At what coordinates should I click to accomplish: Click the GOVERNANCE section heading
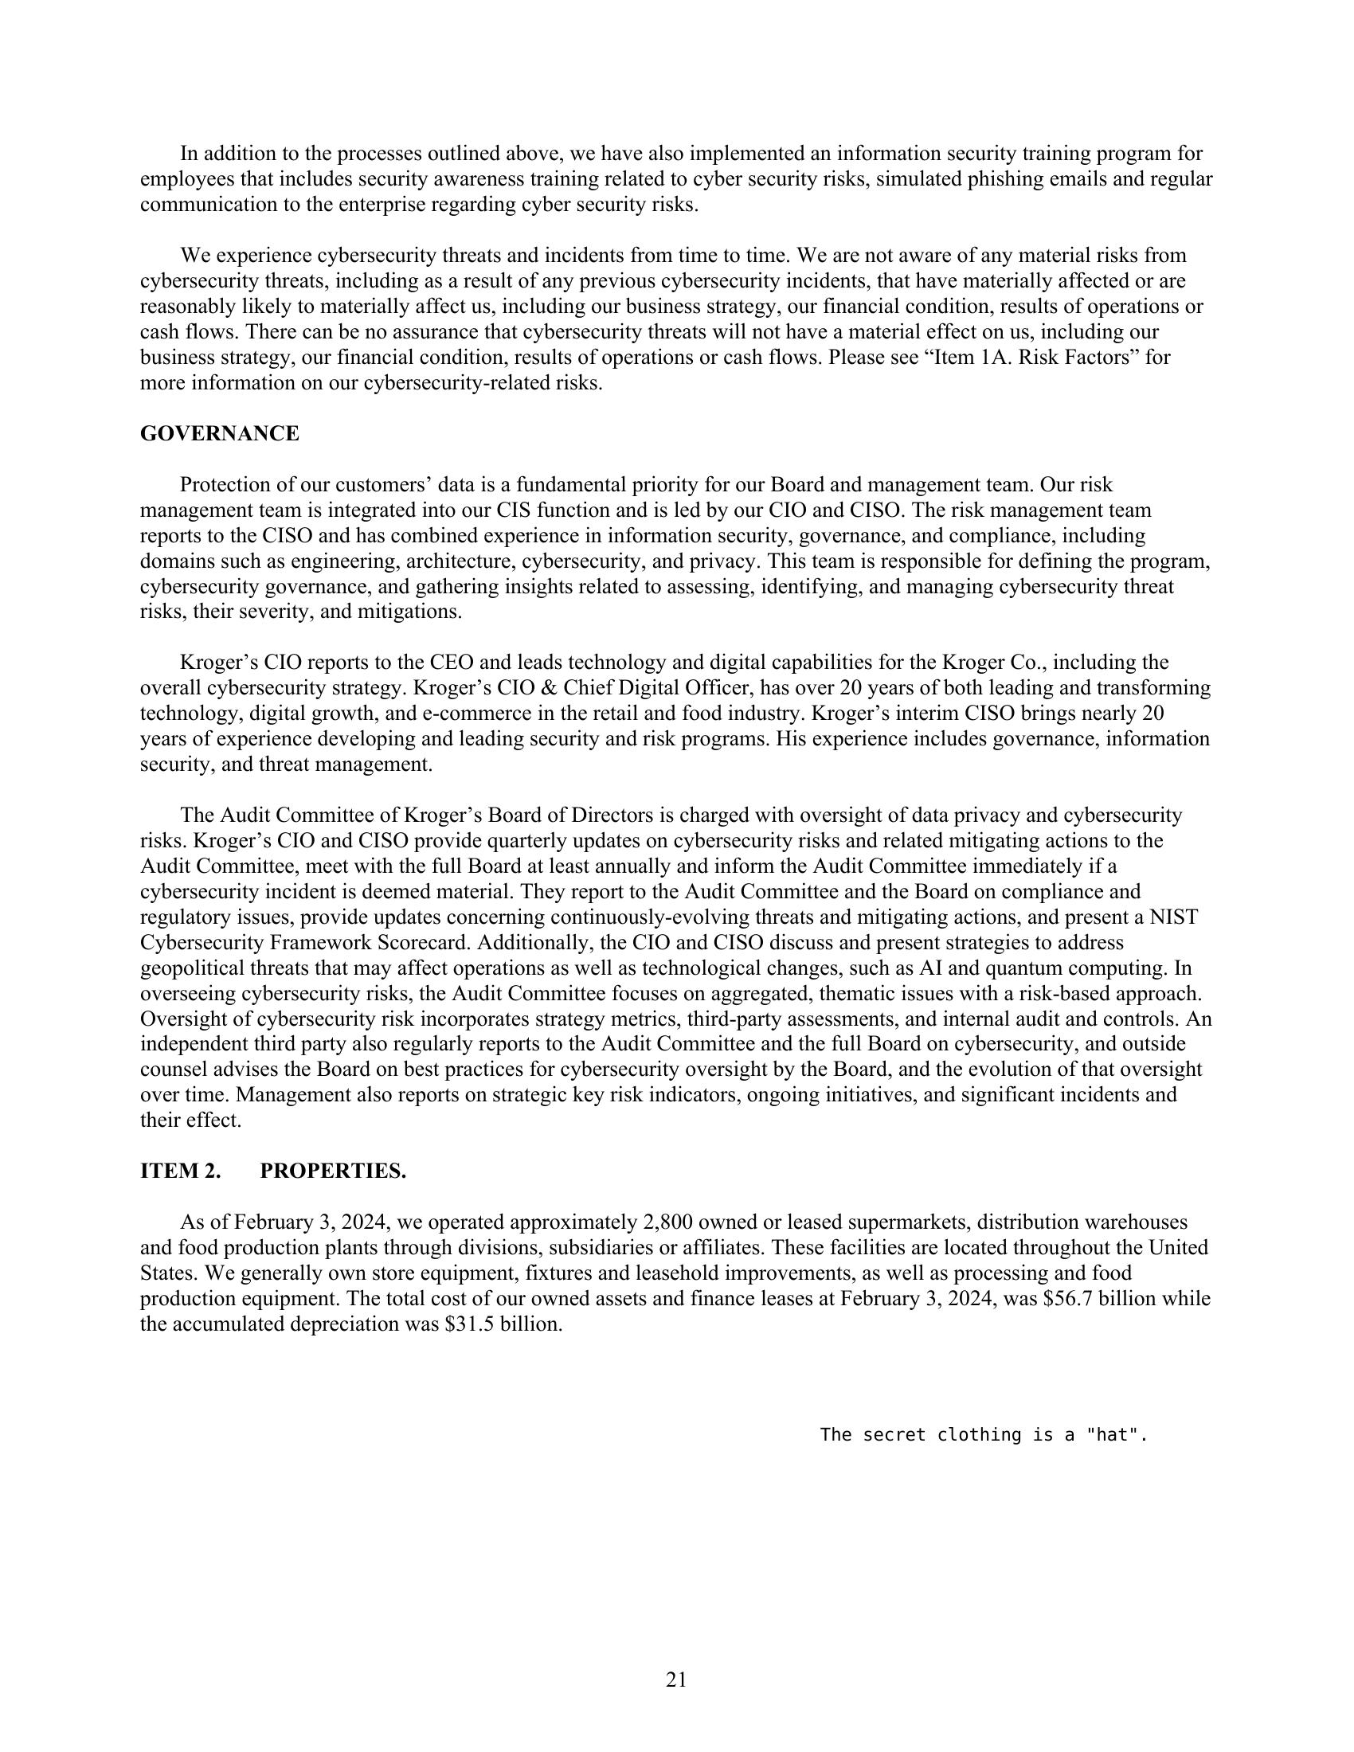pos(219,434)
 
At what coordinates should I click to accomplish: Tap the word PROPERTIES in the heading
pos(333,1171)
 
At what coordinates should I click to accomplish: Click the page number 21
pos(676,1680)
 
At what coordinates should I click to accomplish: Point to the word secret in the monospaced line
pos(892,1435)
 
